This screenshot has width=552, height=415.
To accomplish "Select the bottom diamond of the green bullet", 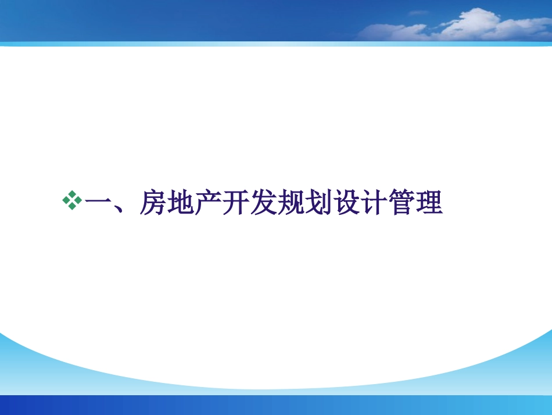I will point(73,207).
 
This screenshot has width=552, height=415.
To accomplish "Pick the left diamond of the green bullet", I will point(66,201).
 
